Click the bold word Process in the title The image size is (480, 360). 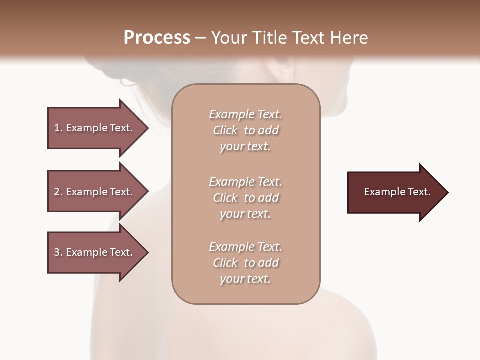point(157,37)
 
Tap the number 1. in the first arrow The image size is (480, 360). point(58,128)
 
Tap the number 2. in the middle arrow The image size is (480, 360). point(58,192)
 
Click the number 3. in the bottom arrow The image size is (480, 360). point(58,252)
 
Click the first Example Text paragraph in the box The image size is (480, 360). point(245,130)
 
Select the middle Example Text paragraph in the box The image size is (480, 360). point(245,197)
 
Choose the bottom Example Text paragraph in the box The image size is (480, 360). point(245,263)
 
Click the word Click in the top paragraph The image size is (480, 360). point(225,130)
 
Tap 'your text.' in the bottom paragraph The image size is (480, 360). point(245,279)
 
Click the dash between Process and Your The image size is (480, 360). point(200,38)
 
